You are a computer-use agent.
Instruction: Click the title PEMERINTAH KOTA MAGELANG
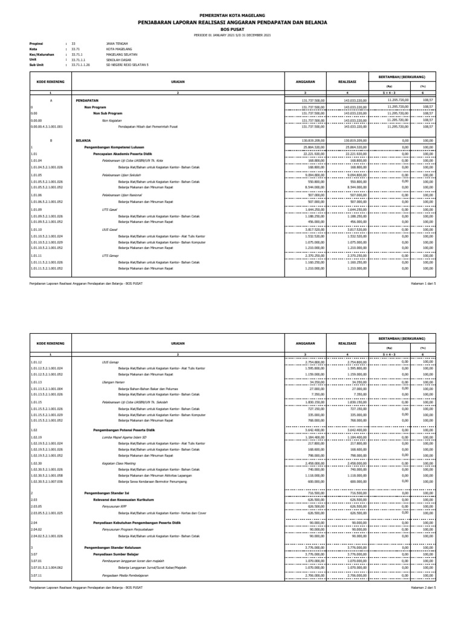232,13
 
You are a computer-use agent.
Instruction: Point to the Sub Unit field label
39,64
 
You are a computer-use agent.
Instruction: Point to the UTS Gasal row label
109,209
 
